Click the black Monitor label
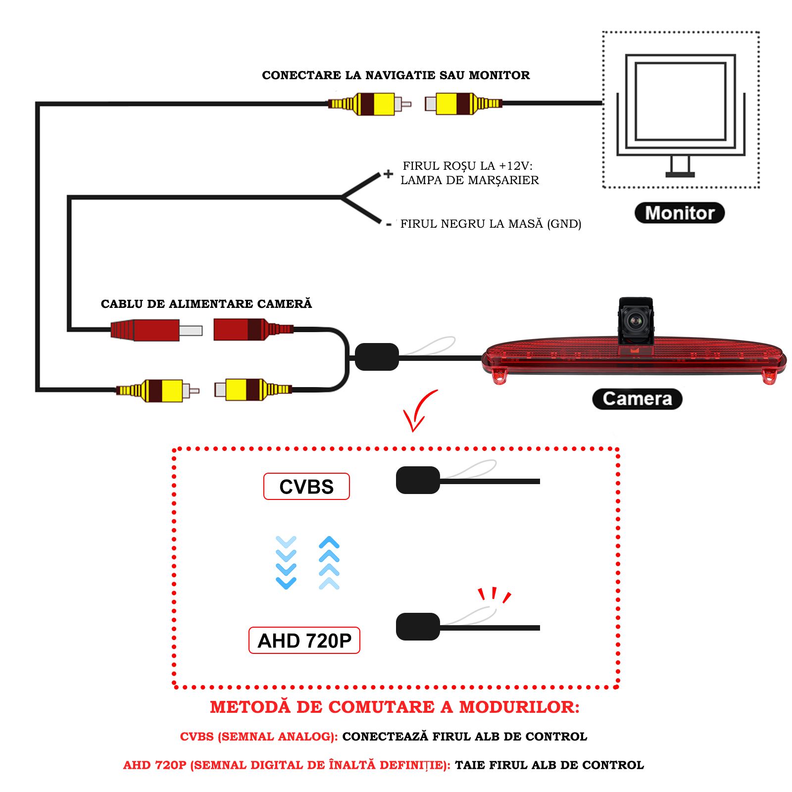679,213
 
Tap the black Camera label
637,399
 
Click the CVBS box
306,487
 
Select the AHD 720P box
304,641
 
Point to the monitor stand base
680,174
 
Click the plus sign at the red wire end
389,174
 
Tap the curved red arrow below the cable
418,411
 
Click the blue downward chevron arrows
286,562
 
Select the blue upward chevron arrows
329,562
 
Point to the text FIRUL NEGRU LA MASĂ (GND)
491,224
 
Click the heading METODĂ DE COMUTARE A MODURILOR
395,707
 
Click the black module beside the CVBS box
418,480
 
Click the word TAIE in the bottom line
470,765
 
